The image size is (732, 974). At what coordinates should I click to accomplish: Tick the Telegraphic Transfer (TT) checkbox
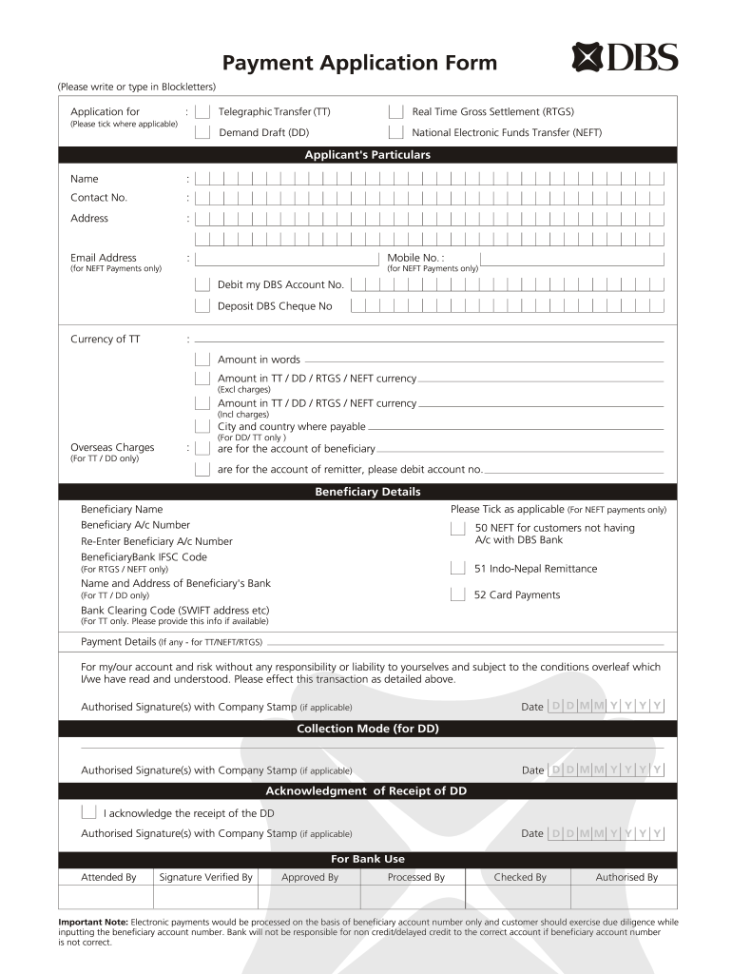(x=202, y=112)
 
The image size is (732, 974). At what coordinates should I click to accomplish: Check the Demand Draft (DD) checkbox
(x=202, y=133)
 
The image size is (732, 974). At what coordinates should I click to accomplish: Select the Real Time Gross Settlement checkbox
(x=395, y=112)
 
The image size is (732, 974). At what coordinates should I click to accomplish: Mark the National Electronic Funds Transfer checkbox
(x=395, y=133)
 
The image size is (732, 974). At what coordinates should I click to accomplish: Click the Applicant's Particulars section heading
(x=367, y=155)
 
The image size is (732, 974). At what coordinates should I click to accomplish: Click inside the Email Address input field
(x=286, y=258)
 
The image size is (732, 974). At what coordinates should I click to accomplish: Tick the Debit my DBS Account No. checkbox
(x=202, y=284)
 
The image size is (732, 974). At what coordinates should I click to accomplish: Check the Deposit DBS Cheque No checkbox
(x=202, y=306)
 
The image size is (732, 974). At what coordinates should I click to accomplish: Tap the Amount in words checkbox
(x=202, y=360)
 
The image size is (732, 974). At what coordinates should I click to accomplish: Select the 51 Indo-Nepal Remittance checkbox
(x=457, y=569)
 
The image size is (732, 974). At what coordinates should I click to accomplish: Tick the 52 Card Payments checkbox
(x=457, y=595)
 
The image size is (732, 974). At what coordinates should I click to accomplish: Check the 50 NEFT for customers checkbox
(x=457, y=528)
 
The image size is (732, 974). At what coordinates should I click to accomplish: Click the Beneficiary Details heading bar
(x=367, y=492)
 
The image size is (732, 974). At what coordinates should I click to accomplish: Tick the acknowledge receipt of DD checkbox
(x=88, y=813)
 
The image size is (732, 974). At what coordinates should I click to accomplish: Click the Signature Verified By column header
(x=205, y=877)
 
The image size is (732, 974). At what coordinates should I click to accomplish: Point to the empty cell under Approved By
(x=309, y=898)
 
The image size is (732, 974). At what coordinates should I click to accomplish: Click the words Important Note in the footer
(x=93, y=922)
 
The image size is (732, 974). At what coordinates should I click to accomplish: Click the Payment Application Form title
(x=359, y=63)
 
